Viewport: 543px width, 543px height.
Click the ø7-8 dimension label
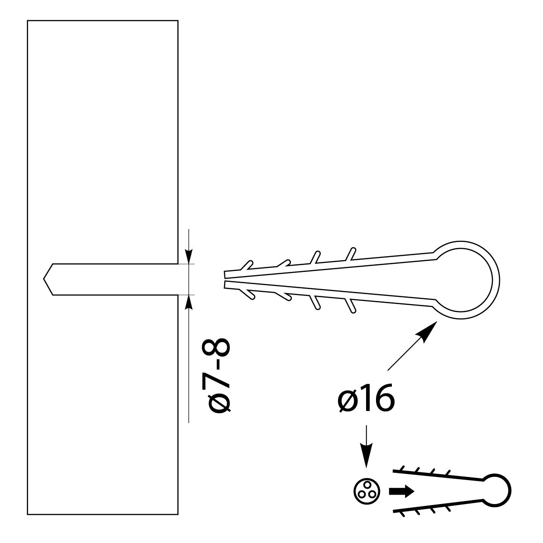tap(216, 375)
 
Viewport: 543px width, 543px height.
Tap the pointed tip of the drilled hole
tap(44, 279)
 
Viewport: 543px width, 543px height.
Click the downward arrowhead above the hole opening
tap(189, 257)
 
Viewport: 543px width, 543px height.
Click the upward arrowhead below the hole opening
tap(189, 302)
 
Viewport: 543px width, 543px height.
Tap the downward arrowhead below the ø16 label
tap(367, 452)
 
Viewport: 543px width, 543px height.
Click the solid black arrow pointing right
tap(401, 491)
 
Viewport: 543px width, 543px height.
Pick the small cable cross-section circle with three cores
tap(367, 492)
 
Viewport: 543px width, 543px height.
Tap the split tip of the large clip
tap(224, 280)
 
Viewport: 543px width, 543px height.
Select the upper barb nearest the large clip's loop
tap(351, 254)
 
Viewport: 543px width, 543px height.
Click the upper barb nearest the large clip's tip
tap(246, 266)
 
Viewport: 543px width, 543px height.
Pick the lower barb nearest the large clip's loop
tap(351, 306)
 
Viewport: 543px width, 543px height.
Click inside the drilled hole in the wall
tap(113, 279)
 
